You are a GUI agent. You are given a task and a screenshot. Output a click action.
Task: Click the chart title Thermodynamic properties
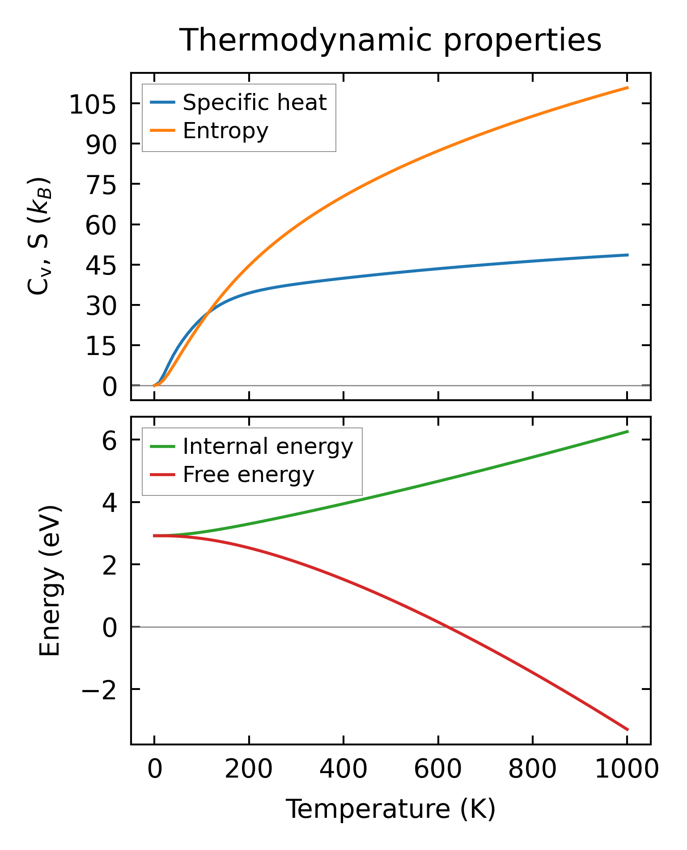(x=390, y=40)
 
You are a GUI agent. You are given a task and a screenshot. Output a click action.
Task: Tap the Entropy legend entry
(x=225, y=131)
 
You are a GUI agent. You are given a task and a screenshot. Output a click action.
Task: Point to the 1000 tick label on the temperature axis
(x=627, y=770)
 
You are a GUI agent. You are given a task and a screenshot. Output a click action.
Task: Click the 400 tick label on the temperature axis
(x=343, y=770)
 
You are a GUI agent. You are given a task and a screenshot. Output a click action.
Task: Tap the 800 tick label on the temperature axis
(x=532, y=770)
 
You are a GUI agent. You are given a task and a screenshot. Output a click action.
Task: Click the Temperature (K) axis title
(x=390, y=809)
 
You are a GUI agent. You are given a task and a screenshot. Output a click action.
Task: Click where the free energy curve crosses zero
(x=447, y=627)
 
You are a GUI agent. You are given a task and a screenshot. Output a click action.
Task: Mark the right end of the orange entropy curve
(x=628, y=88)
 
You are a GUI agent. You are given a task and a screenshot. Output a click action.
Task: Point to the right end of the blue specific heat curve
(x=628, y=255)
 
